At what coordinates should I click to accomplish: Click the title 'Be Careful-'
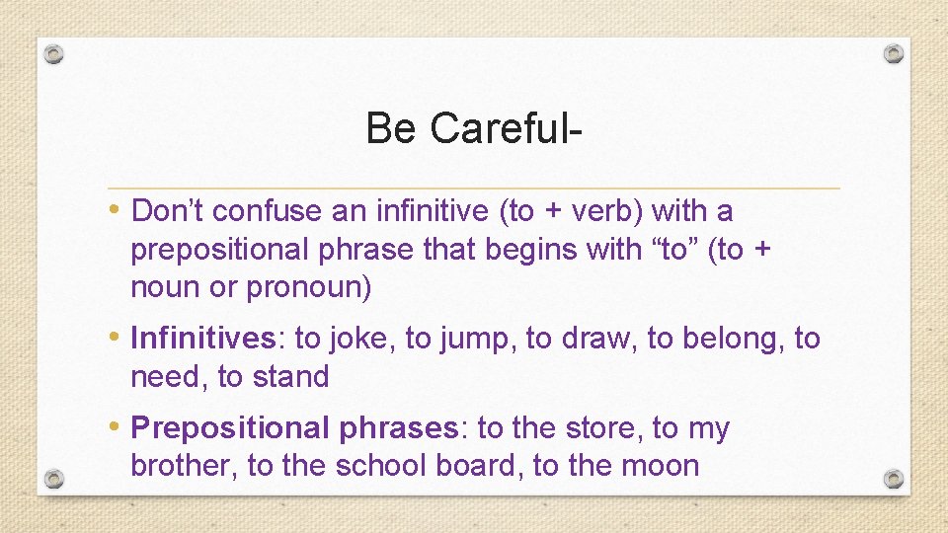(473, 127)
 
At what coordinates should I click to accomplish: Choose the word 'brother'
(184, 466)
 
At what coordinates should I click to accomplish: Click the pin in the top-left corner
(55, 53)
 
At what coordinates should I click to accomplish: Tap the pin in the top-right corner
(893, 53)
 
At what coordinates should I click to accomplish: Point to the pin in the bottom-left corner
(55, 479)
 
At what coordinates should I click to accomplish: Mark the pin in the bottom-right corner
(893, 479)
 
